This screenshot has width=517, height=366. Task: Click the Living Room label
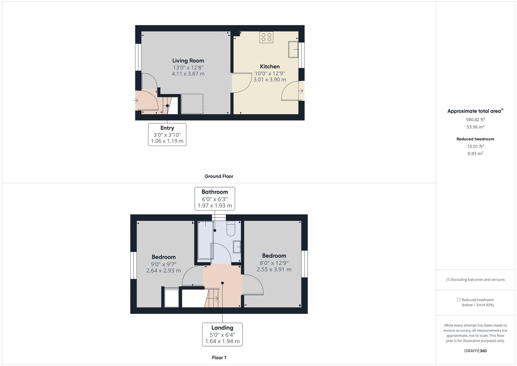(188, 61)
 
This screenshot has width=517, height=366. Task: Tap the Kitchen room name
(270, 66)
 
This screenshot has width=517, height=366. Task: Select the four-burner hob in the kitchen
(266, 37)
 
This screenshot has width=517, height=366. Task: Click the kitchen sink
(293, 50)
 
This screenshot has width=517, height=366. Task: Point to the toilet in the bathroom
(231, 228)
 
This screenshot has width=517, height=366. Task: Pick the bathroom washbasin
(237, 247)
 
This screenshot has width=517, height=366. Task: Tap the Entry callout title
(167, 128)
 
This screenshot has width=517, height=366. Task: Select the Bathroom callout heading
(215, 192)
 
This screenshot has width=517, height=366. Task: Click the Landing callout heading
(222, 328)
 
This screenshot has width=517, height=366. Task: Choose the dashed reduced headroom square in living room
(192, 104)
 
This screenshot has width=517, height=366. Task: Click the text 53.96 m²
(475, 127)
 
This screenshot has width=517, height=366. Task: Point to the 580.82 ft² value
(475, 119)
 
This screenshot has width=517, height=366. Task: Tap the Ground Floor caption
(219, 176)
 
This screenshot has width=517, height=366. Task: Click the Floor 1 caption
(219, 358)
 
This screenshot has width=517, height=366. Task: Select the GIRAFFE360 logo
(475, 351)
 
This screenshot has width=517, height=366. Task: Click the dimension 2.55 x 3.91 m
(274, 269)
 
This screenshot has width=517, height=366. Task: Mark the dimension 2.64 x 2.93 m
(163, 270)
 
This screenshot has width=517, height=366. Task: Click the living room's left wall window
(138, 57)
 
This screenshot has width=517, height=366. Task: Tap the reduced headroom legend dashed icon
(458, 300)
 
